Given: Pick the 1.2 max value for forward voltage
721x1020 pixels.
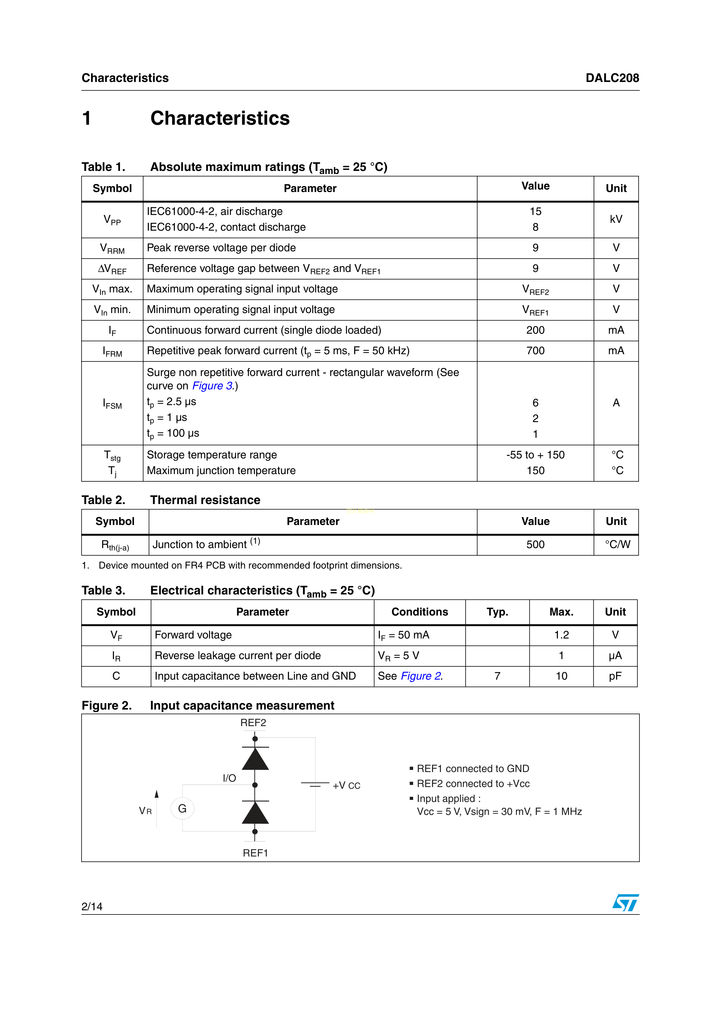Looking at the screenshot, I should [561, 635].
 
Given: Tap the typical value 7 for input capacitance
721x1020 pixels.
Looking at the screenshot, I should [497, 676].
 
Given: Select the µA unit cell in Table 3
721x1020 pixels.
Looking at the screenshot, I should [615, 656].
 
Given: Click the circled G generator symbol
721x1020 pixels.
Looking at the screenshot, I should [182, 809].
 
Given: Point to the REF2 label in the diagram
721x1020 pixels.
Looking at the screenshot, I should [253, 723].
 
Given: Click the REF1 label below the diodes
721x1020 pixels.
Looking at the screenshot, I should [256, 853].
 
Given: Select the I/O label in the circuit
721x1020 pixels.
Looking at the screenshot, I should [229, 778].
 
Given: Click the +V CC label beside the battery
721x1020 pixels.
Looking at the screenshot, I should [347, 785].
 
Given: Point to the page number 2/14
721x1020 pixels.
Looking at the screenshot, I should [92, 907].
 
